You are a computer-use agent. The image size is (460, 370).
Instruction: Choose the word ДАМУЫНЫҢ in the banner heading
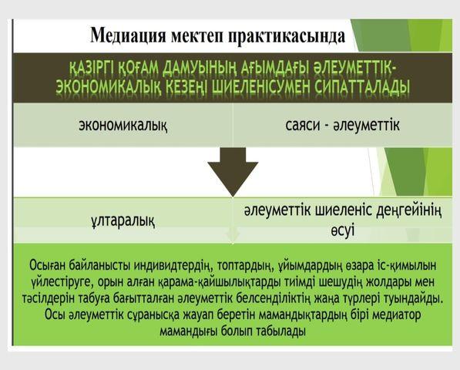click(200, 70)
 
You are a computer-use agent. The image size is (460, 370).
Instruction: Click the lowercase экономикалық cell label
click(123, 126)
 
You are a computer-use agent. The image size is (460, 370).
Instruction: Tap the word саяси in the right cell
click(303, 126)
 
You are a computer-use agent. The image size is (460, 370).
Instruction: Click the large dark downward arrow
click(233, 172)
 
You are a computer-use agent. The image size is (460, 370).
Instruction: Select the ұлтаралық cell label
click(123, 220)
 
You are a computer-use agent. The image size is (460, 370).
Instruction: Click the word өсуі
click(343, 229)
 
